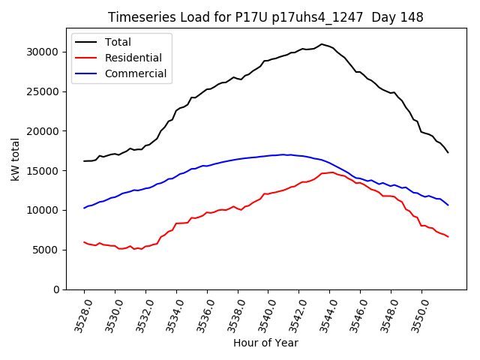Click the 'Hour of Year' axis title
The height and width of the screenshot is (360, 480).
[265, 343]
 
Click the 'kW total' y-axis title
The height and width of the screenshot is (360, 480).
[16, 159]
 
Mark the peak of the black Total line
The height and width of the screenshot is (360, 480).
[322, 44]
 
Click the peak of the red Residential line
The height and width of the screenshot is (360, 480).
[332, 172]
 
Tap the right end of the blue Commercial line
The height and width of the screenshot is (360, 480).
[448, 205]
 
